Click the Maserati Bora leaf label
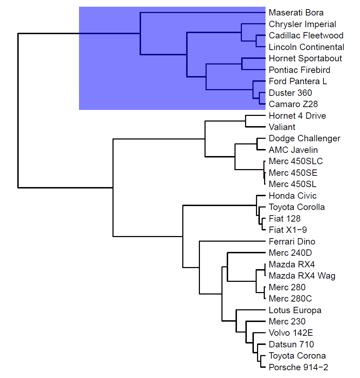tap(296, 13)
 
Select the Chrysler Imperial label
tap(302, 24)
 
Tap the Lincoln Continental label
tap(306, 47)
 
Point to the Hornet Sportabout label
tap(305, 58)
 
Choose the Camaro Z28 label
tap(293, 104)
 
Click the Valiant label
tap(282, 127)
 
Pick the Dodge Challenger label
tap(304, 138)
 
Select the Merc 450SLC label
tap(295, 161)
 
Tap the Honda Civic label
tap(293, 196)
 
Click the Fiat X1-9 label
tap(288, 230)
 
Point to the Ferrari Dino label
tap(292, 242)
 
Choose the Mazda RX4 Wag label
tap(302, 276)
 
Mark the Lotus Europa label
tap(295, 310)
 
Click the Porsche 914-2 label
tap(298, 367)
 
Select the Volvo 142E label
tap(291, 333)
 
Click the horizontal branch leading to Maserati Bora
tap(202, 13)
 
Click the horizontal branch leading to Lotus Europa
tap(250, 310)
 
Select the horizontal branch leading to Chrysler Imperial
tap(253, 24)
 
